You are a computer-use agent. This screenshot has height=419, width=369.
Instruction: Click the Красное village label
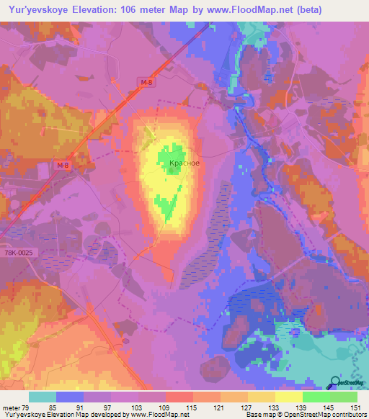pyautogui.click(x=184, y=163)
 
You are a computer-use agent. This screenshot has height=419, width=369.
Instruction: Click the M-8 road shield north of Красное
pyautogui.click(x=147, y=84)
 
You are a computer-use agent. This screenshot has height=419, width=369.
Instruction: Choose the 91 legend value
pyautogui.click(x=89, y=407)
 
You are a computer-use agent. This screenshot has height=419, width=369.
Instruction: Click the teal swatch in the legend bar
pyautogui.click(x=42, y=397)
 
